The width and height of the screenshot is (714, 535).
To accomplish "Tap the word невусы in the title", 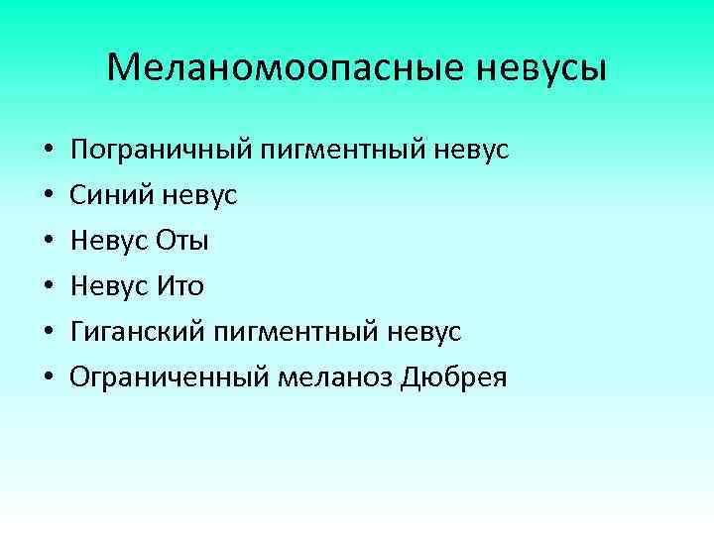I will click(x=543, y=68).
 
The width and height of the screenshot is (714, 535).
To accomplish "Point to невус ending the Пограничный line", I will click(x=474, y=151).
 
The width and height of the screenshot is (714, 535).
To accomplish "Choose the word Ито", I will click(x=180, y=287).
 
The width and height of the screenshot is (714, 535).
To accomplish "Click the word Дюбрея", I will click(x=454, y=378).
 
